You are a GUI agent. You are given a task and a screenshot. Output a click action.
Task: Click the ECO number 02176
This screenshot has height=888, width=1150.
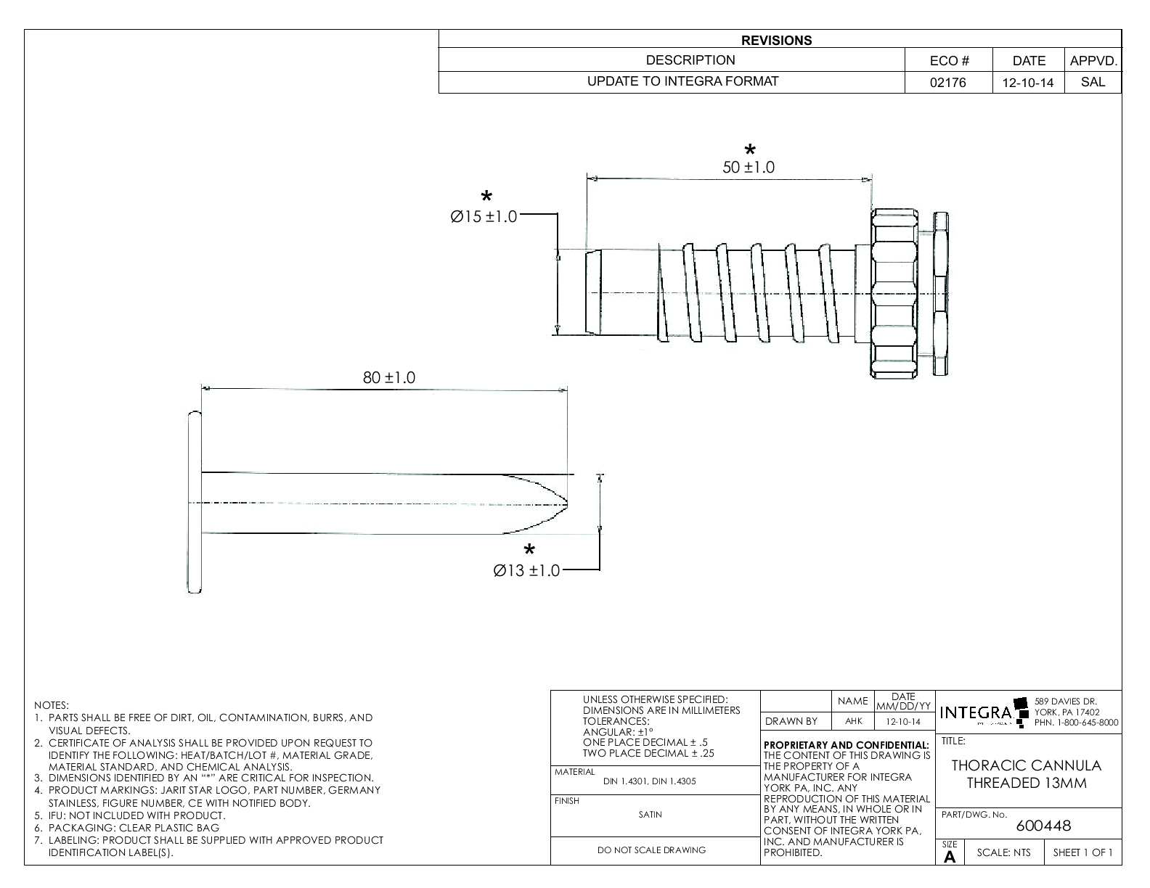point(948,83)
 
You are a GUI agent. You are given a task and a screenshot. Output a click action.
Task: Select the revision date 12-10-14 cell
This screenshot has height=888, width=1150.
point(1027,83)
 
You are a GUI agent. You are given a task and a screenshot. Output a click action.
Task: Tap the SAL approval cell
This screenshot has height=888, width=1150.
point(1093,82)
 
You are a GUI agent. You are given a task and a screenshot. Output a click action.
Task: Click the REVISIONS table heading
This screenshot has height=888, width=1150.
point(776,41)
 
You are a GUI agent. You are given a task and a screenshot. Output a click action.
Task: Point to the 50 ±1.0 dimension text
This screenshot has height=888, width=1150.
point(749,168)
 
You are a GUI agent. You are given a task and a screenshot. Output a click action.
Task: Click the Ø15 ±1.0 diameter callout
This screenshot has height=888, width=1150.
point(484,217)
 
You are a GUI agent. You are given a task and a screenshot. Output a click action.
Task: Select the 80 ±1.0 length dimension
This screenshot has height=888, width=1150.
point(389,378)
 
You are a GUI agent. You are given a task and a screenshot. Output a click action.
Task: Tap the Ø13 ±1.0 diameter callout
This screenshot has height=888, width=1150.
point(526,571)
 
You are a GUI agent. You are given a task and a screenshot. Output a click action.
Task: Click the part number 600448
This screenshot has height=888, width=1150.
point(1043,826)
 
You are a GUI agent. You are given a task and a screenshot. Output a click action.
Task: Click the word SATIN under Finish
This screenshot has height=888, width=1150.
point(650,815)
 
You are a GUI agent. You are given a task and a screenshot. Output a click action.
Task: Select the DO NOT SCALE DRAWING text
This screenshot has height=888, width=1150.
point(651,850)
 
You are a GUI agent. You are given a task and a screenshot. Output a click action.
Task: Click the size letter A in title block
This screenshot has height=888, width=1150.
point(950,857)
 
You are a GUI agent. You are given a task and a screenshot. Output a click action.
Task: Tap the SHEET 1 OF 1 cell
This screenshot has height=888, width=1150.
point(1082,852)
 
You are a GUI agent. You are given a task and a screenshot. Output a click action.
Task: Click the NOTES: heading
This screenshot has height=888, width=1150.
point(51,705)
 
